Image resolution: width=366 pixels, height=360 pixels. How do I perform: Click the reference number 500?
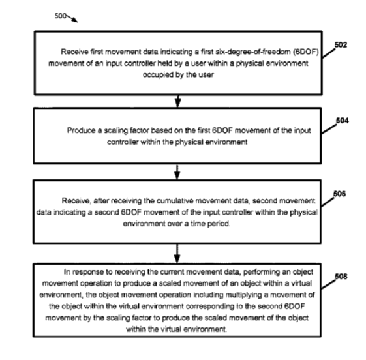point(60,16)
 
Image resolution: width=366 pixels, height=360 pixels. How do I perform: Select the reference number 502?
point(341,44)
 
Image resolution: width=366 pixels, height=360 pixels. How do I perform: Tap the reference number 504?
point(343,121)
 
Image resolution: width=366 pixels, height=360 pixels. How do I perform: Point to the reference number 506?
point(339,194)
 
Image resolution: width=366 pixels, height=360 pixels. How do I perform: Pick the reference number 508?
point(341,277)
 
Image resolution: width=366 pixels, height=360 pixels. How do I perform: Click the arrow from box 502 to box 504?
point(178,101)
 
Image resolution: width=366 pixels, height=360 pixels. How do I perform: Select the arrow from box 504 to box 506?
point(177,172)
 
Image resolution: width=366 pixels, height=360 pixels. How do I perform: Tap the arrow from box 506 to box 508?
point(177,254)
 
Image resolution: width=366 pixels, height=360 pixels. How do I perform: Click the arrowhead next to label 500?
point(74,20)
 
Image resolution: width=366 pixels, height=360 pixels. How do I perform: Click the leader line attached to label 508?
point(328,284)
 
